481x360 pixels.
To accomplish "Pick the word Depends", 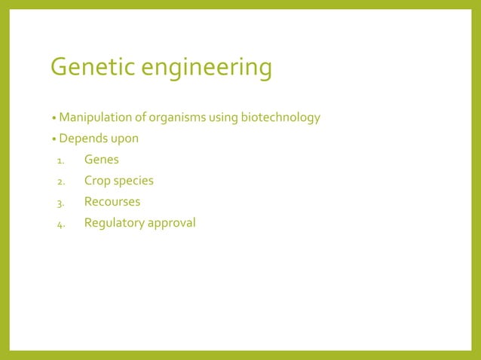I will (82, 139).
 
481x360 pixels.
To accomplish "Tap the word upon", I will (124, 140).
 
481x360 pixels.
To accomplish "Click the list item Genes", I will (101, 160).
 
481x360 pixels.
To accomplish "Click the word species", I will (133, 181).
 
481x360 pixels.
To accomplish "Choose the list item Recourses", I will (112, 202).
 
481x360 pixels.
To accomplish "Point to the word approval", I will (170, 223).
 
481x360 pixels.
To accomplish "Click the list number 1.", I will (60, 160).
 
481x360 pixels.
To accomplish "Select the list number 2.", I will (60, 182).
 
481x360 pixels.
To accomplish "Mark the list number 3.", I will (60, 203).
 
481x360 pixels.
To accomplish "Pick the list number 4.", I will (60, 224).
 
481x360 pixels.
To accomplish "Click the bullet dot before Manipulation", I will (54, 119).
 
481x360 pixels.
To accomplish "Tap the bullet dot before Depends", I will (54, 140).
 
